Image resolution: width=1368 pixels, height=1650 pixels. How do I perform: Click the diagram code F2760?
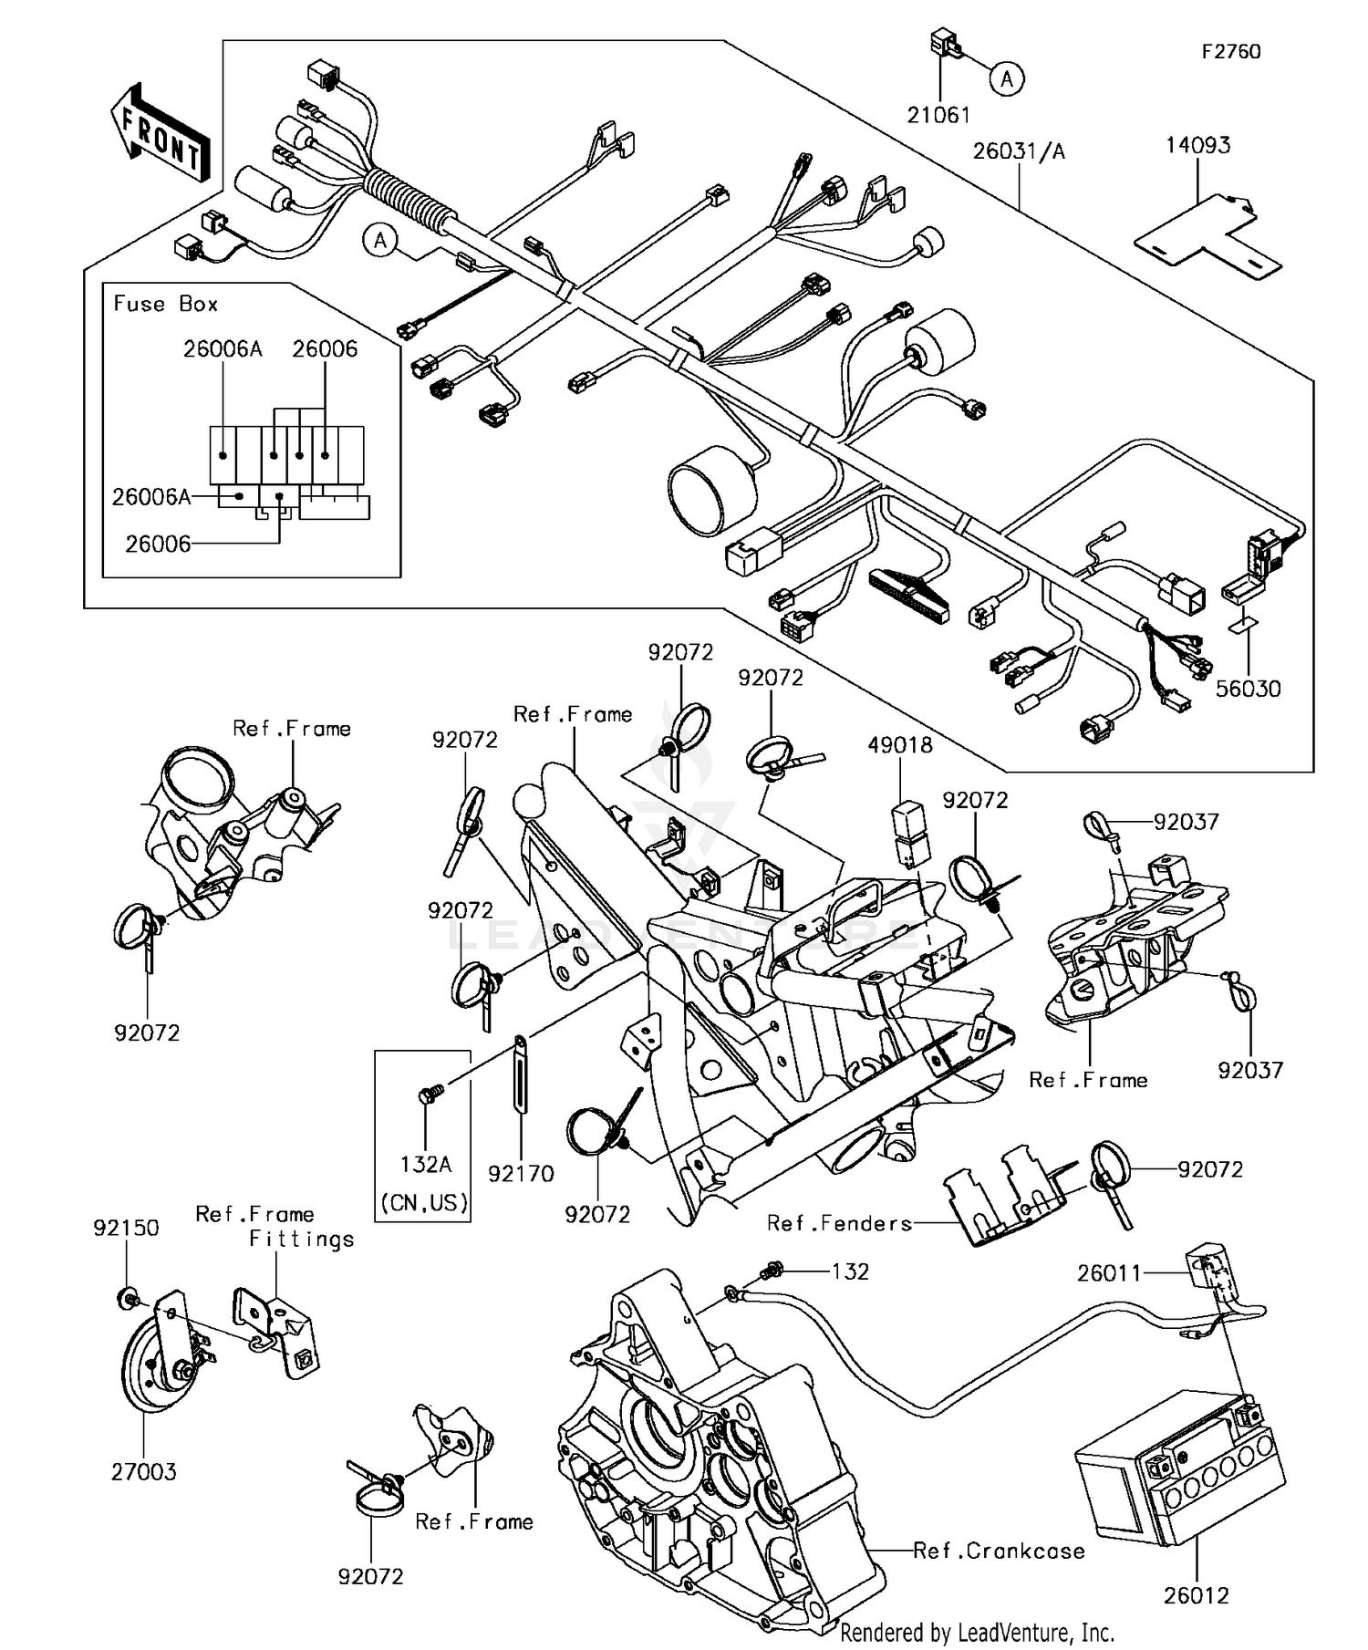click(1230, 52)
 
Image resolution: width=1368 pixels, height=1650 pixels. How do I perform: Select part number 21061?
click(938, 116)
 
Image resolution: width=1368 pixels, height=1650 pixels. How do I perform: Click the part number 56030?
click(1248, 689)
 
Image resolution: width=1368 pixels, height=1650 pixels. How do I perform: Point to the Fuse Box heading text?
click(165, 304)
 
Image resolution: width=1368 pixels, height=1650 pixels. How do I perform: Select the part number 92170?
click(521, 1173)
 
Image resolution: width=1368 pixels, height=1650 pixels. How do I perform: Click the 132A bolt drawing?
click(429, 1094)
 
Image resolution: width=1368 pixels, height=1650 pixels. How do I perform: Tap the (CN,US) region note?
click(424, 1202)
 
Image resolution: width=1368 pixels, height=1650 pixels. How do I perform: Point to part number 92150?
click(126, 1228)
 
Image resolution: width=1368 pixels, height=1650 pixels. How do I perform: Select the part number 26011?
click(1109, 1273)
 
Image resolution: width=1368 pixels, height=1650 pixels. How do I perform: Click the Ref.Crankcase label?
click(1000, 1551)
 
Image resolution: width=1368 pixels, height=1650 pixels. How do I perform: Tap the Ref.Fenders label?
click(839, 1223)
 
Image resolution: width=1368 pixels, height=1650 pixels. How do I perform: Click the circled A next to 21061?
click(1006, 80)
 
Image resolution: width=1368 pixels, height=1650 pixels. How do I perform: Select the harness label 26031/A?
click(1018, 151)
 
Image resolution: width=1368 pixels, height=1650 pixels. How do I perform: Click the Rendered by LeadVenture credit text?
click(977, 1633)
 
